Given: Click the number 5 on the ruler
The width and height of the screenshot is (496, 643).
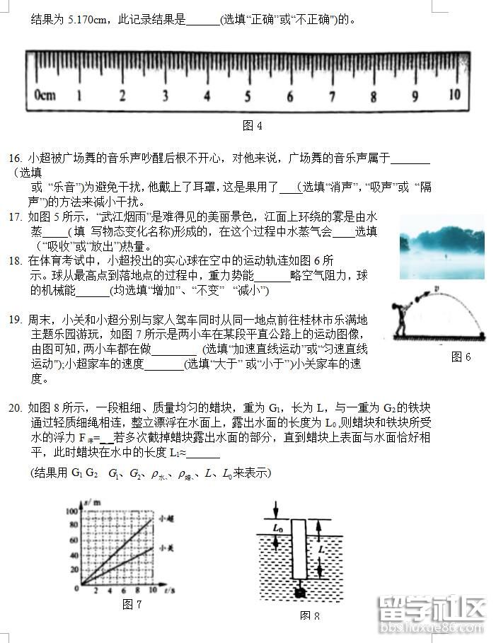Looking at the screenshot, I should pyautogui.click(x=248, y=95).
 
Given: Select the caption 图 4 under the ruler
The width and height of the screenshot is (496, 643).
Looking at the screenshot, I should pyautogui.click(x=253, y=126).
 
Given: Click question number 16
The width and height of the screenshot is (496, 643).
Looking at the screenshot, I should pyautogui.click(x=15, y=157).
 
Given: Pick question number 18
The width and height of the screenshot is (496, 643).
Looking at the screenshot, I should pyautogui.click(x=15, y=260).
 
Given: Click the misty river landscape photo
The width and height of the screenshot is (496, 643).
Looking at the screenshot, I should pyautogui.click(x=442, y=248).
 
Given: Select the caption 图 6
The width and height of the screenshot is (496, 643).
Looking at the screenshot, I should pyautogui.click(x=461, y=357).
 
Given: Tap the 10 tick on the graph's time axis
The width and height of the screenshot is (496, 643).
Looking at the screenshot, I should pyautogui.click(x=154, y=589).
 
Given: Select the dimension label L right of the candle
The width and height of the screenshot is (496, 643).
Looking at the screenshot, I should pyautogui.click(x=323, y=549).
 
